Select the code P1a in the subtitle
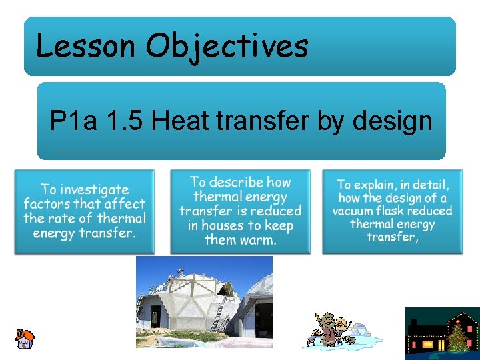(72, 121)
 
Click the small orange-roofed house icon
(24, 339)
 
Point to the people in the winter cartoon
(327, 329)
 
